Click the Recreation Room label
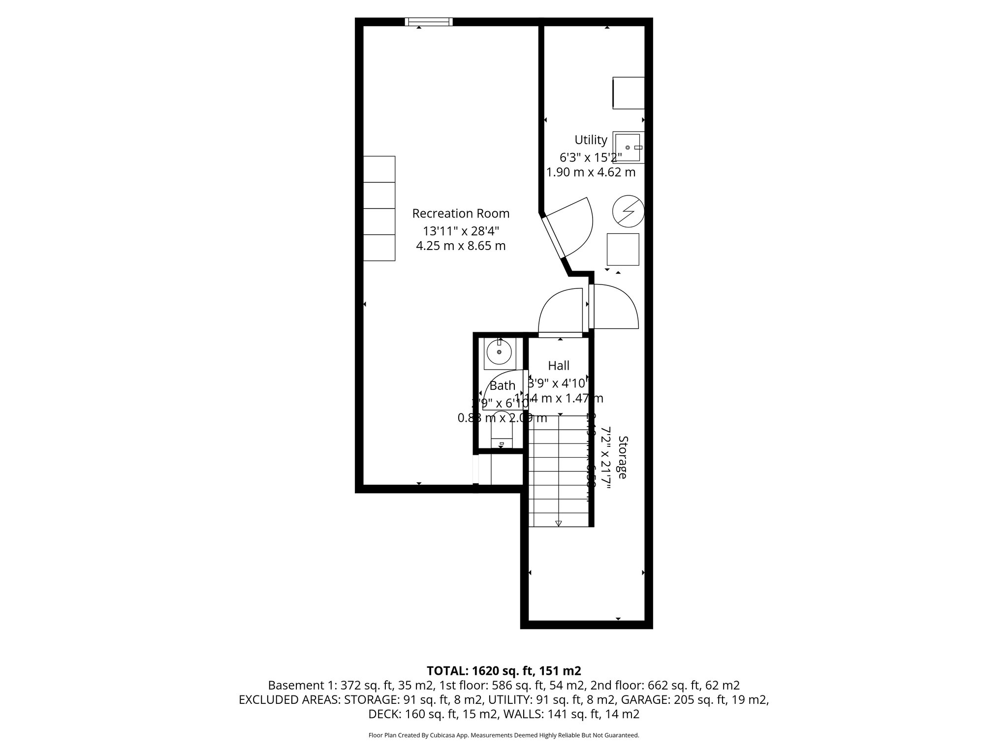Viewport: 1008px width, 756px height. (460, 214)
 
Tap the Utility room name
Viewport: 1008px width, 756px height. (591, 140)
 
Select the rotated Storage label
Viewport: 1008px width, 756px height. (623, 457)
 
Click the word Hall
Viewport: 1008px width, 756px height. (559, 366)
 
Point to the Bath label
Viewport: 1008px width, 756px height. (502, 386)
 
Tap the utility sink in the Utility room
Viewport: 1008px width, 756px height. (628, 147)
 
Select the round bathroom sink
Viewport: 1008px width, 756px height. (499, 352)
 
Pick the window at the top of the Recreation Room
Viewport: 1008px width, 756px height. (429, 21)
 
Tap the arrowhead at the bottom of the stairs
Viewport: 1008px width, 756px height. (559, 523)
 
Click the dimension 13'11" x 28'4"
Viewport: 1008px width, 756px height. (461, 230)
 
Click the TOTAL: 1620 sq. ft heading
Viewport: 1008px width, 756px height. (504, 671)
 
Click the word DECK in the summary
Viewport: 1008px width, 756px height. (383, 714)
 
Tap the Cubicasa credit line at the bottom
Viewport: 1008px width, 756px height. (504, 735)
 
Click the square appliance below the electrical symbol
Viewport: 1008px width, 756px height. (623, 250)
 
